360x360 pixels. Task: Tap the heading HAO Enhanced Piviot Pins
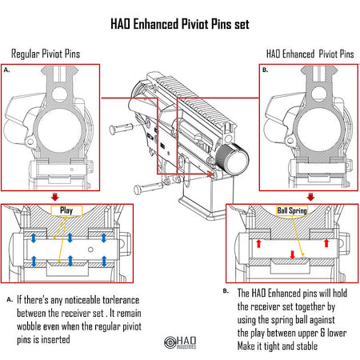click(x=310, y=54)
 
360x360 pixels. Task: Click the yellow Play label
click(x=67, y=210)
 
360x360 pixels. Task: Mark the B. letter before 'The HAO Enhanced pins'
click(x=226, y=291)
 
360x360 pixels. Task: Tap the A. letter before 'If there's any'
click(x=9, y=300)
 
